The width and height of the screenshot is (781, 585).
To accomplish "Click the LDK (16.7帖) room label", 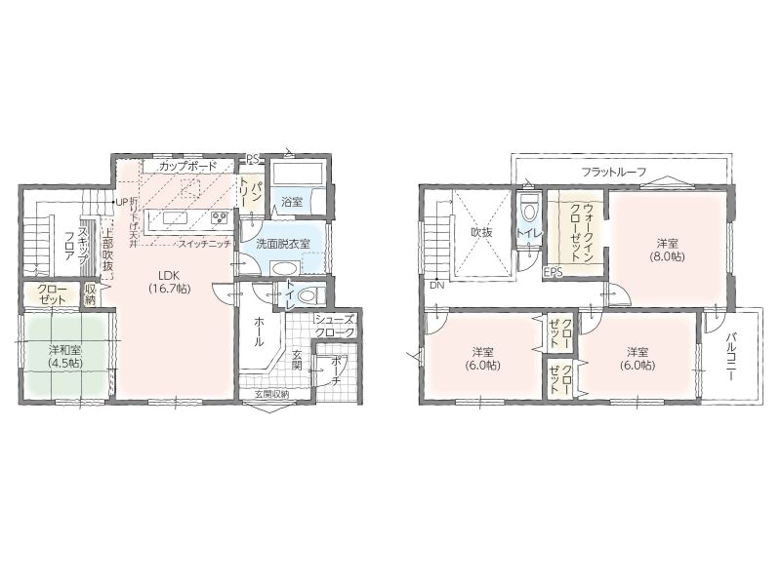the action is click(169, 282).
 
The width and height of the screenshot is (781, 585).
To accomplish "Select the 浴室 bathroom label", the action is click(292, 202).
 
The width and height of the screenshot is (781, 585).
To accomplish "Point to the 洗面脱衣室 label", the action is click(283, 245).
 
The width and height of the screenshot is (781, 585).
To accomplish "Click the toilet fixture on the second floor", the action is click(528, 210).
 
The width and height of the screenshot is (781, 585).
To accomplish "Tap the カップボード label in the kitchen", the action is click(188, 166).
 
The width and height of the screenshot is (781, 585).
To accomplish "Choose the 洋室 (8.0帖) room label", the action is click(667, 251).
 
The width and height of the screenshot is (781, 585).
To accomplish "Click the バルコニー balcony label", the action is click(731, 356).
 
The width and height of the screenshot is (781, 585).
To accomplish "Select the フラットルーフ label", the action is click(614, 173).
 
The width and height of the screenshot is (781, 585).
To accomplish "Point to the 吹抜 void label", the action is click(481, 232).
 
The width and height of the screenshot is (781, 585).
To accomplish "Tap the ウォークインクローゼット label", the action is click(581, 232).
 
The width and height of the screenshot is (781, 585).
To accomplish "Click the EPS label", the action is click(553, 272).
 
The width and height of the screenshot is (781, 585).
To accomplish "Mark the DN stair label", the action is click(436, 286).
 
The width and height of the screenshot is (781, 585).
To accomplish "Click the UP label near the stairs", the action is click(122, 203).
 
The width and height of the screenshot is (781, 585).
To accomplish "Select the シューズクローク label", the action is click(335, 326).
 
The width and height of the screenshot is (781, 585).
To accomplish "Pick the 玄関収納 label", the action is click(272, 394).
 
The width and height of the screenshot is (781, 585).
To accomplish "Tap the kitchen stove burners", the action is click(219, 217).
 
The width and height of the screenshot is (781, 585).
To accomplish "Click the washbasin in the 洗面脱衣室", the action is click(284, 267).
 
